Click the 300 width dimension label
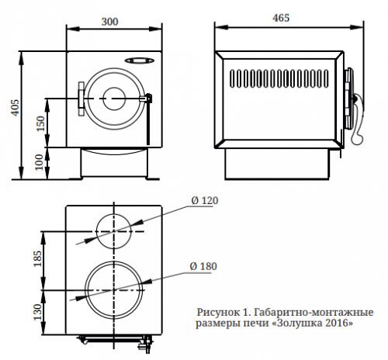point(109,22)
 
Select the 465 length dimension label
point(281,18)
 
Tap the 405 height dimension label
point(16,108)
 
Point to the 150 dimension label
point(40,123)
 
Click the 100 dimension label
point(40,162)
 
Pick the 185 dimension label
point(37,258)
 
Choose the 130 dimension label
point(37,312)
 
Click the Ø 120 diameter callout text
point(205,200)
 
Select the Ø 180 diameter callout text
point(203,266)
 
